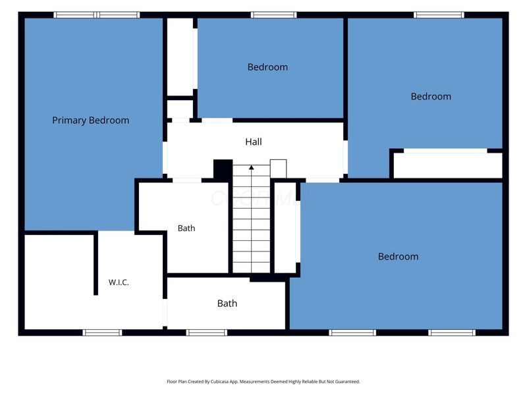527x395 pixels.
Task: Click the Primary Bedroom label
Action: click(90, 120)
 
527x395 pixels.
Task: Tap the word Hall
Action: click(254, 142)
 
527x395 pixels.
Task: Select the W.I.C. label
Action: click(119, 282)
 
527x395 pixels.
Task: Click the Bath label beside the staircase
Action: click(186, 228)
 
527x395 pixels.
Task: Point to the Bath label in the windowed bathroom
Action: click(227, 303)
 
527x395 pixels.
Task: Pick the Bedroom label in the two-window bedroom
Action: click(399, 257)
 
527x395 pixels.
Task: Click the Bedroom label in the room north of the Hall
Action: click(267, 67)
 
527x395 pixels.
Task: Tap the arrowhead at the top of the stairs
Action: click(252, 167)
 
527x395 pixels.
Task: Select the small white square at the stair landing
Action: click(278, 169)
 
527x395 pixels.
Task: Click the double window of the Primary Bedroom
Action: click(96, 14)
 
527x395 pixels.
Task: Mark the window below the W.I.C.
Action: click(103, 332)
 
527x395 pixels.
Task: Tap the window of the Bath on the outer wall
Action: click(207, 332)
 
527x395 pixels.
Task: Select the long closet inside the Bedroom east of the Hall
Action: click(448, 165)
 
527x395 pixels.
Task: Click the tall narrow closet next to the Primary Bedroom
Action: click(180, 57)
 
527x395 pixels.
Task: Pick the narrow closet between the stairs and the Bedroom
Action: click(285, 227)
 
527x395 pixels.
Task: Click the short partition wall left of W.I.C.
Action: click(96, 263)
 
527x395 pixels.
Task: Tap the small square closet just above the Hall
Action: click(180, 109)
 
